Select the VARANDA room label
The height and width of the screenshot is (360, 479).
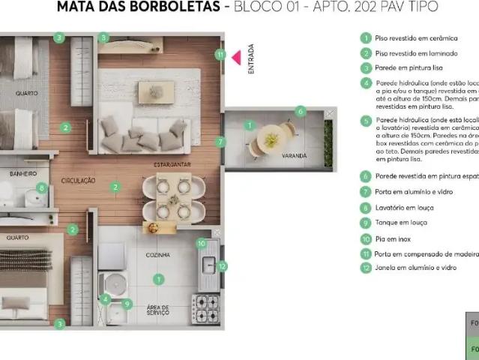pos(294,156)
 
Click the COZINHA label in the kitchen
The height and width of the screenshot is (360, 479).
pos(159,256)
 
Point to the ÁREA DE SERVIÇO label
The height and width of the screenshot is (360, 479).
pos(158,309)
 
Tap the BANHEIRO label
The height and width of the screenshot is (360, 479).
pos(24,173)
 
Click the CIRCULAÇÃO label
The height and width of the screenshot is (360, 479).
pos(79,180)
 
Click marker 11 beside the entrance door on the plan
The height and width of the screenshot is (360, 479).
pos(220,54)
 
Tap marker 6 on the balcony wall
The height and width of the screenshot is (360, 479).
pos(301,111)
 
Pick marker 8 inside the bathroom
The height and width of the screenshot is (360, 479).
pos(42,188)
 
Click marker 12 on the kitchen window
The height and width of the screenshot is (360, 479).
pos(222,265)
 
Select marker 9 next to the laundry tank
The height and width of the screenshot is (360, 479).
pos(127,304)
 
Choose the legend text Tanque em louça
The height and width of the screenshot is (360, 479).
pos(403,223)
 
